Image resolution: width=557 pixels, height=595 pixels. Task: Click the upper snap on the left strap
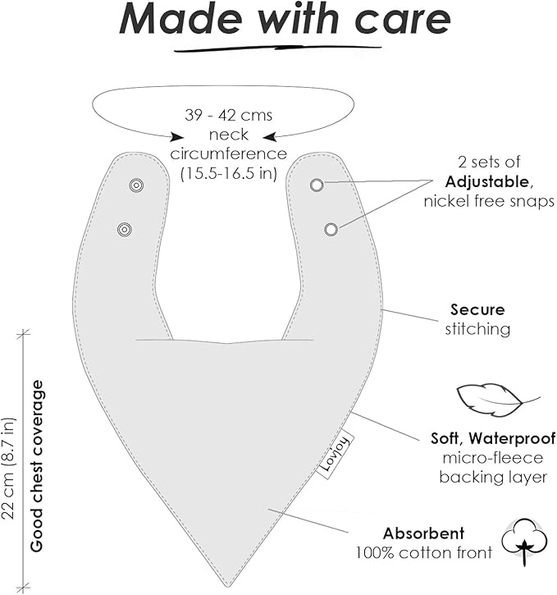pos(136,185)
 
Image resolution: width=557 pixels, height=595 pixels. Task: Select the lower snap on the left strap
pos(125,228)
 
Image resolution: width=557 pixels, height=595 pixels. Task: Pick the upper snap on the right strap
pos(317,185)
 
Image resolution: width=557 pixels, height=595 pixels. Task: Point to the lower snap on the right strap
pos(331,230)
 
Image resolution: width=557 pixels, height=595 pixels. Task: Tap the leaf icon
pos(490,401)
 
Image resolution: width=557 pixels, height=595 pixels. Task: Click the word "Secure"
pos(477,310)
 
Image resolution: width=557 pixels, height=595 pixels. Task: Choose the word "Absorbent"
pos(423,533)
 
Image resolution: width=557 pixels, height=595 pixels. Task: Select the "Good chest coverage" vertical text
pos(37,465)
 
